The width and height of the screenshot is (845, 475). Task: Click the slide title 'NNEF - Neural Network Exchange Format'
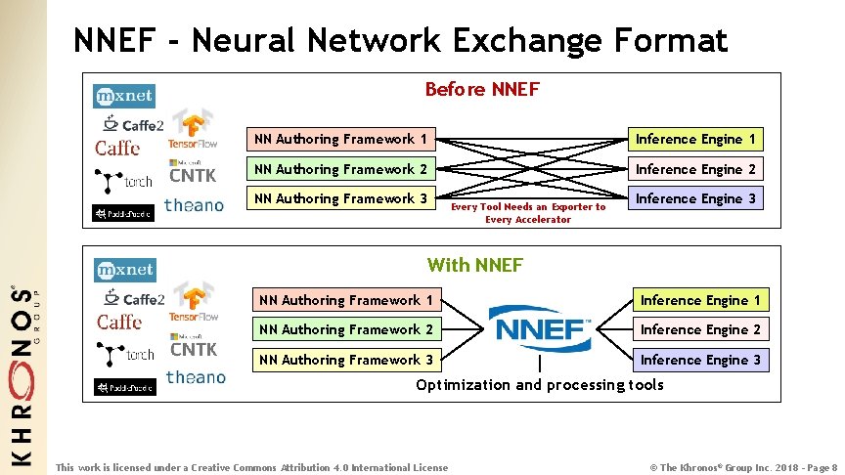click(401, 40)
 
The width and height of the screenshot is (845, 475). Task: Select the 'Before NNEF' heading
click(481, 90)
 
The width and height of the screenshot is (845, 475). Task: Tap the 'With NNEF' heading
click(475, 265)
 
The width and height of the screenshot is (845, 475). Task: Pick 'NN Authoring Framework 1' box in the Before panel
click(340, 140)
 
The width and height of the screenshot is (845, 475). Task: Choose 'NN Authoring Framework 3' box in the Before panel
click(340, 198)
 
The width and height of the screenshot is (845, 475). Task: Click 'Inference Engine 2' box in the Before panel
click(695, 169)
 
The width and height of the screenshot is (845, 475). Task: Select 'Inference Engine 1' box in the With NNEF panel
click(700, 300)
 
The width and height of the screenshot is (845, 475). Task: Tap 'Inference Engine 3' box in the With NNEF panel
click(700, 360)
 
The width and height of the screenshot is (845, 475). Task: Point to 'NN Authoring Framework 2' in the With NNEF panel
click(344, 329)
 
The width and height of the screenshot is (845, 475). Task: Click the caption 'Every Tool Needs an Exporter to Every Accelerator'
click(528, 213)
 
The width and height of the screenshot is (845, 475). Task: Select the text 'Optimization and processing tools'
click(540, 385)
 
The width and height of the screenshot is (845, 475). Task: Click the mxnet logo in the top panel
click(124, 96)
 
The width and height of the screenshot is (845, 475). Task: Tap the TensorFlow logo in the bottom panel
click(193, 300)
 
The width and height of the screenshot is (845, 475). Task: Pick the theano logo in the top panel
click(194, 205)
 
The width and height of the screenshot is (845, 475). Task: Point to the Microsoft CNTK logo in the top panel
click(193, 172)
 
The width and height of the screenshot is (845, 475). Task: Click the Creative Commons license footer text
click(252, 467)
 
